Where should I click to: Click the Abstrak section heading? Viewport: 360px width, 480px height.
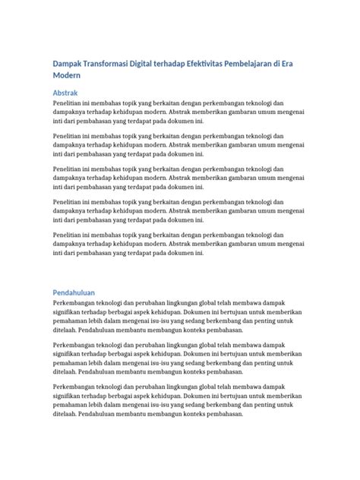[x=66, y=92]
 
